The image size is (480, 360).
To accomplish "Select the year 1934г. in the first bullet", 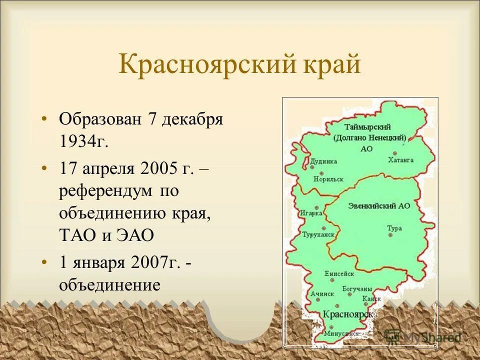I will point(83,142).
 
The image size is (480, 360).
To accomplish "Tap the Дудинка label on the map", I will point(323,161).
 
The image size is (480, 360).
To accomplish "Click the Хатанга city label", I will point(400,160).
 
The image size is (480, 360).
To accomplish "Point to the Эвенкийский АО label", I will point(380,205).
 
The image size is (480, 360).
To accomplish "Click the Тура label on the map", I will point(394,228).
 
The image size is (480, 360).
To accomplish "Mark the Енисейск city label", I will point(339,273).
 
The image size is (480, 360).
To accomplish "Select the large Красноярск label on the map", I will point(348,314).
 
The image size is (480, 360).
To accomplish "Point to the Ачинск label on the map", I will point(321,294).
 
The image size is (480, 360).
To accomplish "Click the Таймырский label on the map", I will point(370,127).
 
